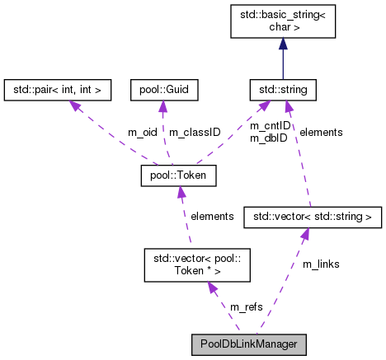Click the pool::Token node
point(179,175)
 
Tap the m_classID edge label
point(194,132)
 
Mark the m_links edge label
point(322,264)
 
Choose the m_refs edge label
point(247,306)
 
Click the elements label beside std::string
point(321,132)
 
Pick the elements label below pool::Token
point(212,216)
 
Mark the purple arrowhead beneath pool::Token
point(182,192)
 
